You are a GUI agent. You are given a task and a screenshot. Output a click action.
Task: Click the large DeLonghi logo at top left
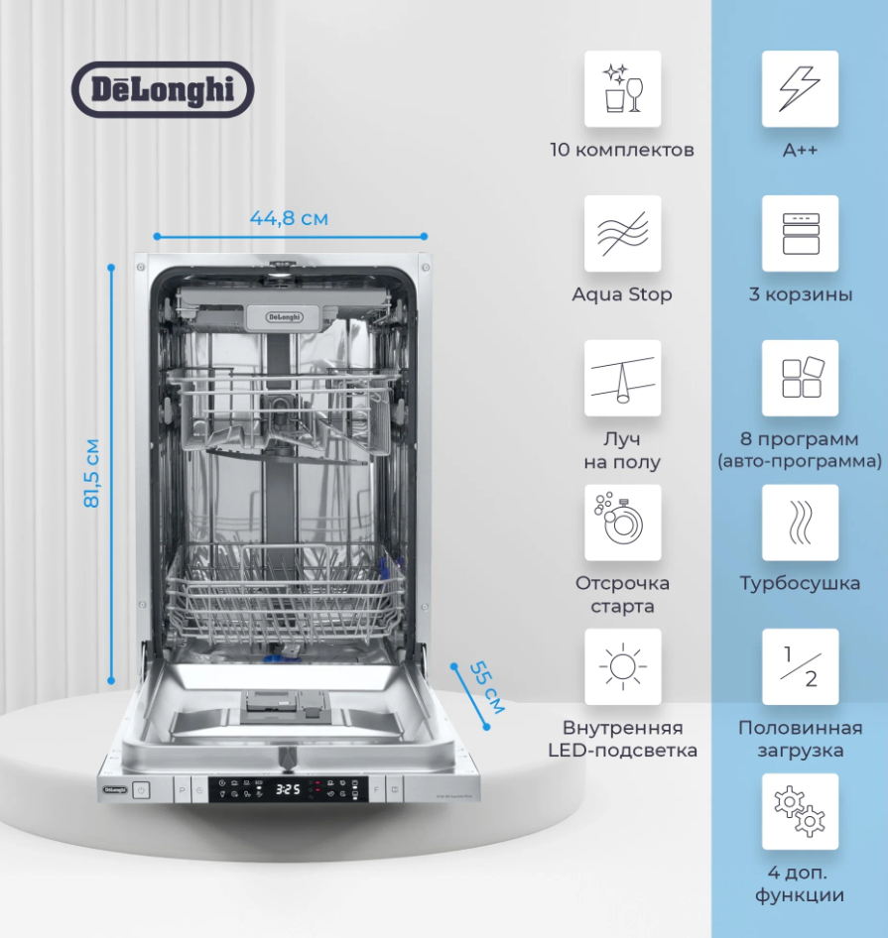tap(163, 89)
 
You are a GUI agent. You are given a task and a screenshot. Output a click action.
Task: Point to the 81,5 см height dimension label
tap(91, 473)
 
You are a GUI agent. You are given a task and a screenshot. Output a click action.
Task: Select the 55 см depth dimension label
tap(486, 686)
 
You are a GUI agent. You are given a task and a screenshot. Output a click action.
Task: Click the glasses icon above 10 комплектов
tap(622, 89)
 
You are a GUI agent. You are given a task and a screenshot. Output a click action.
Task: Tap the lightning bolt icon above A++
tap(800, 89)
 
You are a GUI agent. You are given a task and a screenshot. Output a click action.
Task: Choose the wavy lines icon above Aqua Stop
tap(622, 234)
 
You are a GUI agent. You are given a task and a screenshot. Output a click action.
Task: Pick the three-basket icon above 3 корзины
tap(800, 234)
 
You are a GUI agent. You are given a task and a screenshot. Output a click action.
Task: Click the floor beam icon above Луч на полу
tap(622, 379)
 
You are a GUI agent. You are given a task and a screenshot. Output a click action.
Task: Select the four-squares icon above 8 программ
tap(800, 379)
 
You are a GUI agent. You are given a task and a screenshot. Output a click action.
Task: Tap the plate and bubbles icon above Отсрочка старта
tap(622, 523)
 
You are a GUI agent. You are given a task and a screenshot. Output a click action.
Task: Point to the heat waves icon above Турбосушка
tap(800, 523)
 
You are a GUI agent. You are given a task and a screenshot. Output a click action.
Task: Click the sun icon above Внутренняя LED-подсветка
tap(622, 666)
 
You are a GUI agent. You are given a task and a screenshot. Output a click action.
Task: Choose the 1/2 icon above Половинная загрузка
tap(800, 666)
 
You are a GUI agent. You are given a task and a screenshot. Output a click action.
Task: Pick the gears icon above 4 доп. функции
tap(800, 811)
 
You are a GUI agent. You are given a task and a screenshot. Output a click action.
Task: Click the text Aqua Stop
tap(622, 294)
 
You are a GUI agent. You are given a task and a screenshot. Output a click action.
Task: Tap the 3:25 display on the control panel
tap(288, 790)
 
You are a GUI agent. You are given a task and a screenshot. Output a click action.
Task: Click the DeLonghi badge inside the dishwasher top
tap(286, 317)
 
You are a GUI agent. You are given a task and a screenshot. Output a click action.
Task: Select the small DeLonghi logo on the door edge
tap(115, 789)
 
